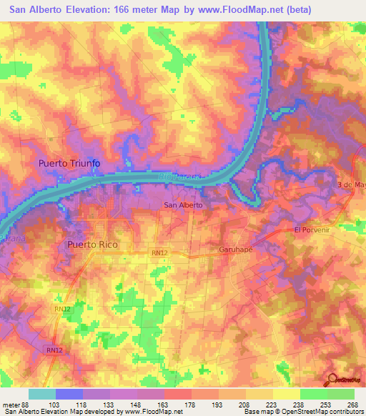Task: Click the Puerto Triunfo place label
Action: pos(69,164)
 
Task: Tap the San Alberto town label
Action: pos(184,205)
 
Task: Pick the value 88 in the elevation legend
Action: pos(29,404)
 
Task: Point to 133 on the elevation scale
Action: pos(110,404)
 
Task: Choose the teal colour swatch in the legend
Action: pos(42,394)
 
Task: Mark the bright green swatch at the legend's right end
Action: pos(341,394)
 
